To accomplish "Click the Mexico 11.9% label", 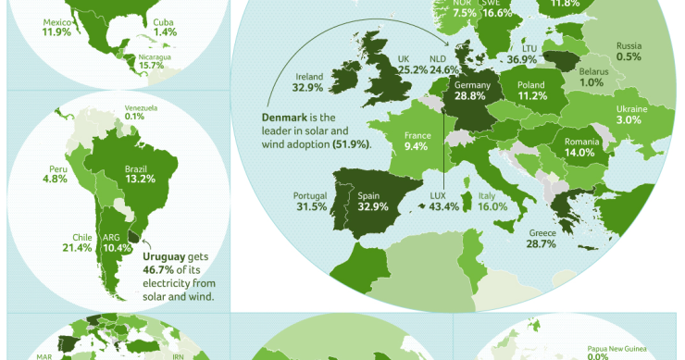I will (56, 26).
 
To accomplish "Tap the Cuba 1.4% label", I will (166, 27).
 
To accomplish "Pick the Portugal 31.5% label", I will (310, 202).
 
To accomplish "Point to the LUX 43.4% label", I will (443, 202).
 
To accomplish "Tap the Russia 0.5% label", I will (629, 51).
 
